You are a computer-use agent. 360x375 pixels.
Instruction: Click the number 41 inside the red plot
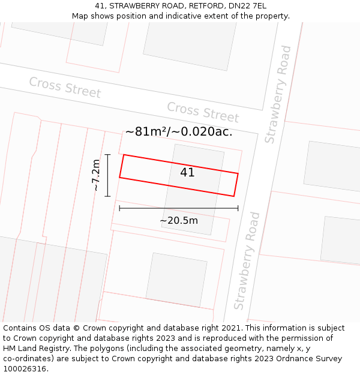click(187, 173)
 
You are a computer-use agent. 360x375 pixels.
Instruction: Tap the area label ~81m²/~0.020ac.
click(178, 132)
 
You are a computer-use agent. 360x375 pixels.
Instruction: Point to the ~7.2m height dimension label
click(96, 175)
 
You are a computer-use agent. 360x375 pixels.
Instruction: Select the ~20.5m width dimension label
click(179, 221)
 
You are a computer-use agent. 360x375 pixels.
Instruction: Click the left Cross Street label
click(65, 88)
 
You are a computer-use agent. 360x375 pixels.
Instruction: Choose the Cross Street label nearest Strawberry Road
click(203, 112)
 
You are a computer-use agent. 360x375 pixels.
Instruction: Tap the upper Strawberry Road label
click(278, 94)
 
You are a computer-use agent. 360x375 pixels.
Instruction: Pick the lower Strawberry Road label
click(248, 260)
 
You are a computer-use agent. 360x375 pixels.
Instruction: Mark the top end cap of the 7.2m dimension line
click(107, 155)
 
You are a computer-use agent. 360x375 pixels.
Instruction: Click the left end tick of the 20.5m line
click(119, 208)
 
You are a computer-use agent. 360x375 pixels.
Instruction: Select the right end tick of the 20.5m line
click(238, 208)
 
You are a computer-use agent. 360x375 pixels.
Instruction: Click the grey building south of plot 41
click(176, 280)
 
